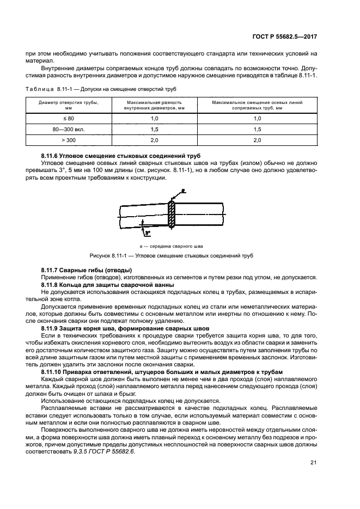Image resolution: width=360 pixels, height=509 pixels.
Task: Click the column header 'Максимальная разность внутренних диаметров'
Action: (x=154, y=105)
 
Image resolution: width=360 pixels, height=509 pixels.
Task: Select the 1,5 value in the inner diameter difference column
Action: (x=154, y=129)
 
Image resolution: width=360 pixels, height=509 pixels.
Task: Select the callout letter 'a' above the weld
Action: (x=184, y=191)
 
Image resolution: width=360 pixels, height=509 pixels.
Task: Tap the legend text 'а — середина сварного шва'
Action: (x=172, y=246)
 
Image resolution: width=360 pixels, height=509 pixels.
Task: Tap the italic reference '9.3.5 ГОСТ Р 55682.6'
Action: (x=101, y=451)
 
